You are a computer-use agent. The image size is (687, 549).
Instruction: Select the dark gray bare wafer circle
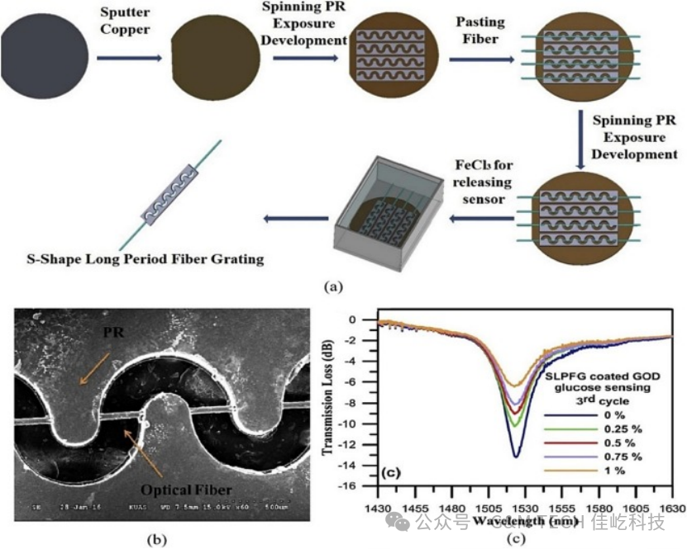coord(44,58)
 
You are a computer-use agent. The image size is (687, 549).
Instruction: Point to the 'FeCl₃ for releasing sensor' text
coord(483,182)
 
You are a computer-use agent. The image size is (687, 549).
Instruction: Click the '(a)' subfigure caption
coord(332,286)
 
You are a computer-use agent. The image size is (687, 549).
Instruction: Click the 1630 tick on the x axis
coord(671,498)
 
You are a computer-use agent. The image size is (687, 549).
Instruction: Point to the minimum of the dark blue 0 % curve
coord(515,456)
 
